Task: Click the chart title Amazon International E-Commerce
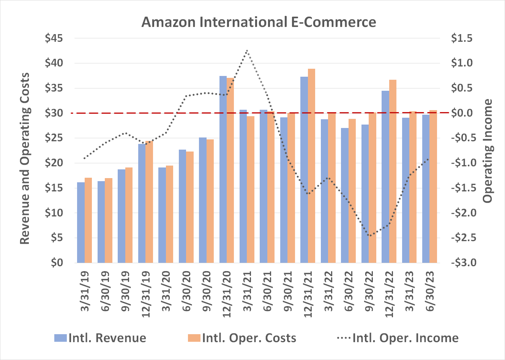coord(259,22)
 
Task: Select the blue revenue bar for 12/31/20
coord(223,169)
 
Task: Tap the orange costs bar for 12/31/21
coord(311,166)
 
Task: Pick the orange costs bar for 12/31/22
coord(393,171)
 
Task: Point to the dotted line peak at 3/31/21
coord(247,51)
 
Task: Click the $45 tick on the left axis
coord(54,38)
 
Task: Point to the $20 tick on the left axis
coord(54,163)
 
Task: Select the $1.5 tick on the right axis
coord(462,38)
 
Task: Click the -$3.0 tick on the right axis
coord(461,263)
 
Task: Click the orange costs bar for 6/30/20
coord(190,207)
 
